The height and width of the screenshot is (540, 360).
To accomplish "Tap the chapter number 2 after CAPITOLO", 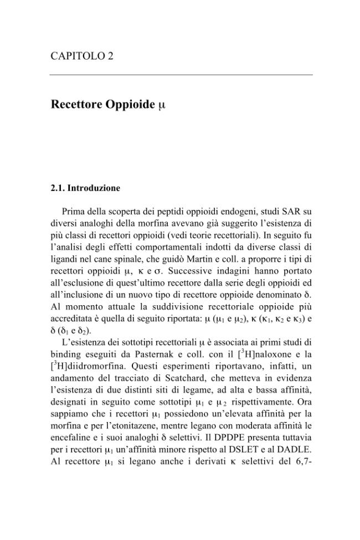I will click(x=111, y=56).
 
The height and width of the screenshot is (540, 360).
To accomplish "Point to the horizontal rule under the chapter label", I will click(x=181, y=75).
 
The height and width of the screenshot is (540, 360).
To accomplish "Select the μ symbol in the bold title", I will click(x=161, y=105).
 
